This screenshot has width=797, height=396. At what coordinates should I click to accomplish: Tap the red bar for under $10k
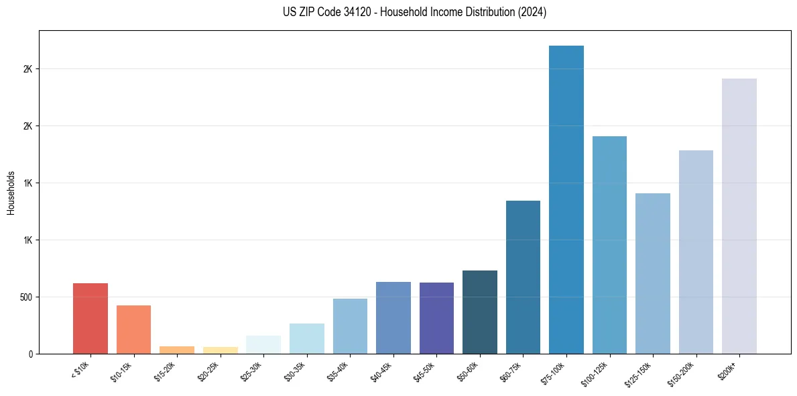click(90, 318)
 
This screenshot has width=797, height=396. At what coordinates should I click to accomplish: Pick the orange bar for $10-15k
click(133, 330)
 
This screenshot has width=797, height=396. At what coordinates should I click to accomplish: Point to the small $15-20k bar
click(177, 350)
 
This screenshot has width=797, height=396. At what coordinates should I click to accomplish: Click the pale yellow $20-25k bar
click(220, 350)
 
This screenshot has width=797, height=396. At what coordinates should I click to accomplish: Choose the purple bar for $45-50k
click(436, 318)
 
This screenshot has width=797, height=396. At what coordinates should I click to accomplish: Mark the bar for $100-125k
click(609, 245)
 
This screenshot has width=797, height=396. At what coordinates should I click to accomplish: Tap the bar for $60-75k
click(523, 277)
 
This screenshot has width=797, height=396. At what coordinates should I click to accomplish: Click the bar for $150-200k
click(696, 252)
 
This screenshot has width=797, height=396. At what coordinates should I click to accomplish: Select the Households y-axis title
click(11, 193)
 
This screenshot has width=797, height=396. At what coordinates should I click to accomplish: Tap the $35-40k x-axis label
click(339, 372)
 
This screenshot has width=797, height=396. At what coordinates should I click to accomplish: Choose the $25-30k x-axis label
click(252, 372)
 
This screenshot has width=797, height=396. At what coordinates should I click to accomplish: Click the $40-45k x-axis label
click(382, 372)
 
